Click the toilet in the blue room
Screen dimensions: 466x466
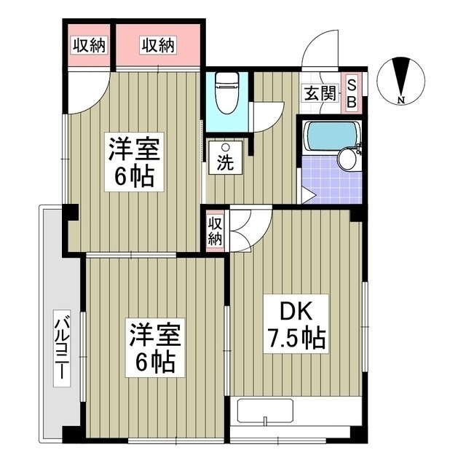tap(226, 93)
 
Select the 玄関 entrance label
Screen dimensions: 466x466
tap(318, 92)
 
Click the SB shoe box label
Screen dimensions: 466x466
tap(351, 92)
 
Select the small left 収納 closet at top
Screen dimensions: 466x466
tap(88, 45)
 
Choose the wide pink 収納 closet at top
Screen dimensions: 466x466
tap(158, 45)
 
